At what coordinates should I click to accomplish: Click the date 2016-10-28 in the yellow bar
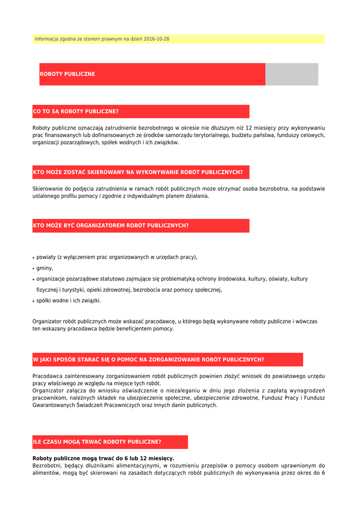(156, 39)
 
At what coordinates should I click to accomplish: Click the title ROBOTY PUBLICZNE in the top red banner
(68, 74)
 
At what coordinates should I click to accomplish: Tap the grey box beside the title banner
(291, 74)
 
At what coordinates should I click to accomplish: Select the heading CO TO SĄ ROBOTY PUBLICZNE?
(76, 112)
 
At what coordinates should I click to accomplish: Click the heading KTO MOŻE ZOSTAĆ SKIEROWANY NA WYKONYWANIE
(138, 173)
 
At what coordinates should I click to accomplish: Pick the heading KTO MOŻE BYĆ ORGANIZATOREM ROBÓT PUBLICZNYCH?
(111, 226)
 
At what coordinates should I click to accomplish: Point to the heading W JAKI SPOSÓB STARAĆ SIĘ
(148, 360)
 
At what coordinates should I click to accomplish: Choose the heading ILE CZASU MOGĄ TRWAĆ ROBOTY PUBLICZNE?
(97, 442)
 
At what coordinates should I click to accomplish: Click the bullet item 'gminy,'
(45, 268)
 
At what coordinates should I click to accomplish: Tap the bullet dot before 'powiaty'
(34, 258)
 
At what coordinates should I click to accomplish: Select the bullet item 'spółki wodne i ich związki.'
(69, 301)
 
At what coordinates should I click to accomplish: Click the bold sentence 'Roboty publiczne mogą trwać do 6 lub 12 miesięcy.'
(103, 458)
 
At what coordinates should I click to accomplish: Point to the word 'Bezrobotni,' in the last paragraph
(46, 466)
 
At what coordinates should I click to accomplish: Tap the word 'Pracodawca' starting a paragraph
(48, 376)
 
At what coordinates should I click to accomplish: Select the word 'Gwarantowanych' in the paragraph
(53, 405)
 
